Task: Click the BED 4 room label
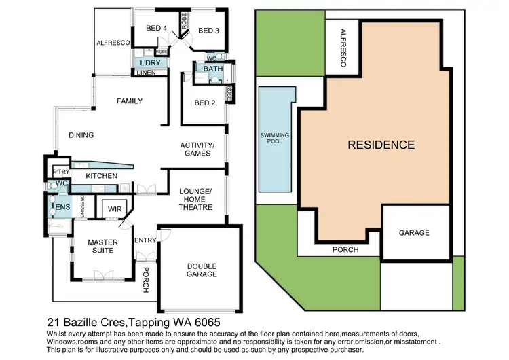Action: coord(156,28)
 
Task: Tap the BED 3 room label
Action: coord(208,31)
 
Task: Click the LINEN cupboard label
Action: coord(146,73)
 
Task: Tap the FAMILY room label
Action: coord(129,101)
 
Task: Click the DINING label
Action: coord(81,135)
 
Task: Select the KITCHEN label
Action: coord(102,176)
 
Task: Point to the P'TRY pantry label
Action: coord(61,170)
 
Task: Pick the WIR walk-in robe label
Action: coord(114,211)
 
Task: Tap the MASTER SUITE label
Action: coord(102,247)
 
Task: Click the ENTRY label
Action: coord(145,240)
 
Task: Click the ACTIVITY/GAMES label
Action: coord(197,149)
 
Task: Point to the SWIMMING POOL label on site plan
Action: coord(275,139)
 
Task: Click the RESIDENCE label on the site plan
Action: coord(381,145)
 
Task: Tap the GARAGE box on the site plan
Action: coord(413,233)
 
